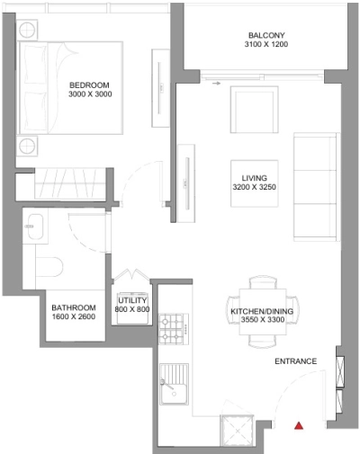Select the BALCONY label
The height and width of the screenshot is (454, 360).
(x=266, y=37)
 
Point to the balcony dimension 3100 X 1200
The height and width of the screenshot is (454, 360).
(x=266, y=48)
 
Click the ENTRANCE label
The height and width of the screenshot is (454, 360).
(x=295, y=361)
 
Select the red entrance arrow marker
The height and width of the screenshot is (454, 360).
(x=301, y=424)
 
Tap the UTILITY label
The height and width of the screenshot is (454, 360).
(x=132, y=300)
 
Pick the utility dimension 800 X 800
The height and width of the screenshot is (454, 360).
(x=132, y=310)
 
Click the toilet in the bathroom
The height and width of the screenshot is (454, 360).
(x=50, y=267)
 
